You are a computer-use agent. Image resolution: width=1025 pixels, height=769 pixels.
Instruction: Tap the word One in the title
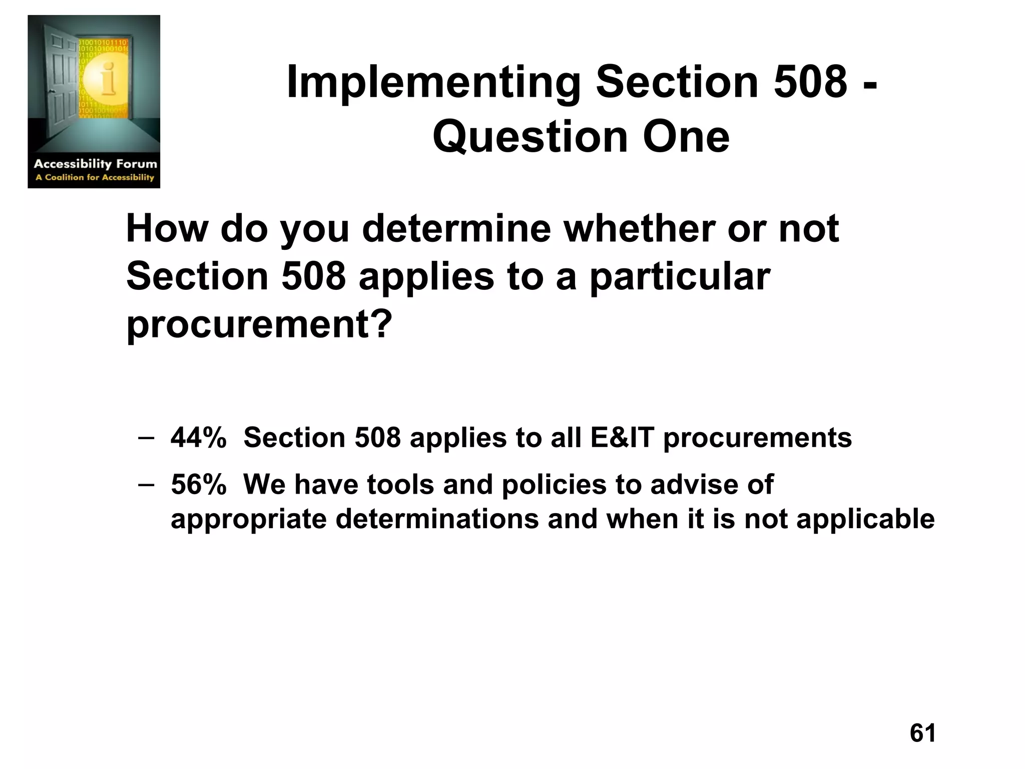click(686, 137)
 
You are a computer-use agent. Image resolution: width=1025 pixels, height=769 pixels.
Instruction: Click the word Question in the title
click(530, 138)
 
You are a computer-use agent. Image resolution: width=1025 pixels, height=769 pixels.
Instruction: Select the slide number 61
click(922, 733)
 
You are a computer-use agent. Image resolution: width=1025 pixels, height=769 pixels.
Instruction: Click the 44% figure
click(198, 438)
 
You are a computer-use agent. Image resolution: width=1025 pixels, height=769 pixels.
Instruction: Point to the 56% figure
click(198, 485)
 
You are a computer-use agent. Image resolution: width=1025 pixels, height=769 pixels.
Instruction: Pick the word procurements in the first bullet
click(757, 439)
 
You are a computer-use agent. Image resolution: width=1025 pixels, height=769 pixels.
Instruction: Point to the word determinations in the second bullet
click(437, 519)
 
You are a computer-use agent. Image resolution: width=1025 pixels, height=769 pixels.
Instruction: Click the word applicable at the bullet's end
click(865, 519)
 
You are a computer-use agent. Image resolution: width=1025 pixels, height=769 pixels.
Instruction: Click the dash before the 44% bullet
click(145, 437)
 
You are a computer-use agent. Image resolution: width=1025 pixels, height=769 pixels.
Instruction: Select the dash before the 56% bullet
click(145, 484)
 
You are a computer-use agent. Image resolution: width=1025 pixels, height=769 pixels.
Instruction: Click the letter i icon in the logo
click(107, 79)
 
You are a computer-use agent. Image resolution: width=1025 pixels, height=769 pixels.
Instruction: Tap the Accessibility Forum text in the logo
click(95, 164)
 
